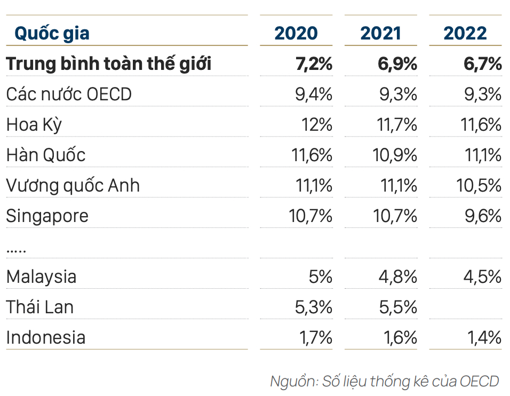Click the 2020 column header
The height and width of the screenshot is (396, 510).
(x=296, y=33)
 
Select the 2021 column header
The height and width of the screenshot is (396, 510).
(x=380, y=33)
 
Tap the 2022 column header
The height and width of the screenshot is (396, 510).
(x=465, y=33)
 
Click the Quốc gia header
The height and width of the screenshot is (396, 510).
(x=52, y=33)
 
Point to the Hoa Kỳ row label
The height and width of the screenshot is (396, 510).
(x=34, y=125)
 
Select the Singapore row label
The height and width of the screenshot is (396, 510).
(x=47, y=216)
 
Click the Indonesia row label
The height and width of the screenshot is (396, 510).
(x=46, y=337)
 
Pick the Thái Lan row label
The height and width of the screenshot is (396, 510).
(x=40, y=307)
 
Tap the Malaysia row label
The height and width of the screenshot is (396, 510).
(x=42, y=276)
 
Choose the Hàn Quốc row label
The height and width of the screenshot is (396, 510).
(x=46, y=155)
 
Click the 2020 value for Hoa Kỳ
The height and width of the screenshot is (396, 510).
(x=317, y=125)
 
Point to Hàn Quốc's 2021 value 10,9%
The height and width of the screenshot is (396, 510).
(x=395, y=155)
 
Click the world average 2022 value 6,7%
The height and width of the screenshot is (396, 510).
(x=483, y=64)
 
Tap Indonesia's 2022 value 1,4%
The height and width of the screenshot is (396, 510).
(x=484, y=337)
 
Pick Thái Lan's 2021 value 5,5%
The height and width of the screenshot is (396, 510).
(x=399, y=307)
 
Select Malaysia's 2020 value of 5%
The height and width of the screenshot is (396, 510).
(x=321, y=276)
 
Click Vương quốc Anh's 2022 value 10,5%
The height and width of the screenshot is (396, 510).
(x=479, y=186)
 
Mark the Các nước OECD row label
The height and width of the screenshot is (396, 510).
(x=69, y=94)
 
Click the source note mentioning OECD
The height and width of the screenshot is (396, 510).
(x=384, y=381)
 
